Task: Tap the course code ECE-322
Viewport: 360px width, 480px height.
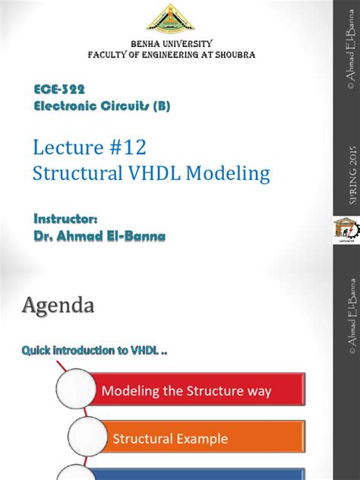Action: [64, 90]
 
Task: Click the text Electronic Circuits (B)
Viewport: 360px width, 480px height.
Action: [103, 106]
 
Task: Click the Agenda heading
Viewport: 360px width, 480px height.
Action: [58, 306]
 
